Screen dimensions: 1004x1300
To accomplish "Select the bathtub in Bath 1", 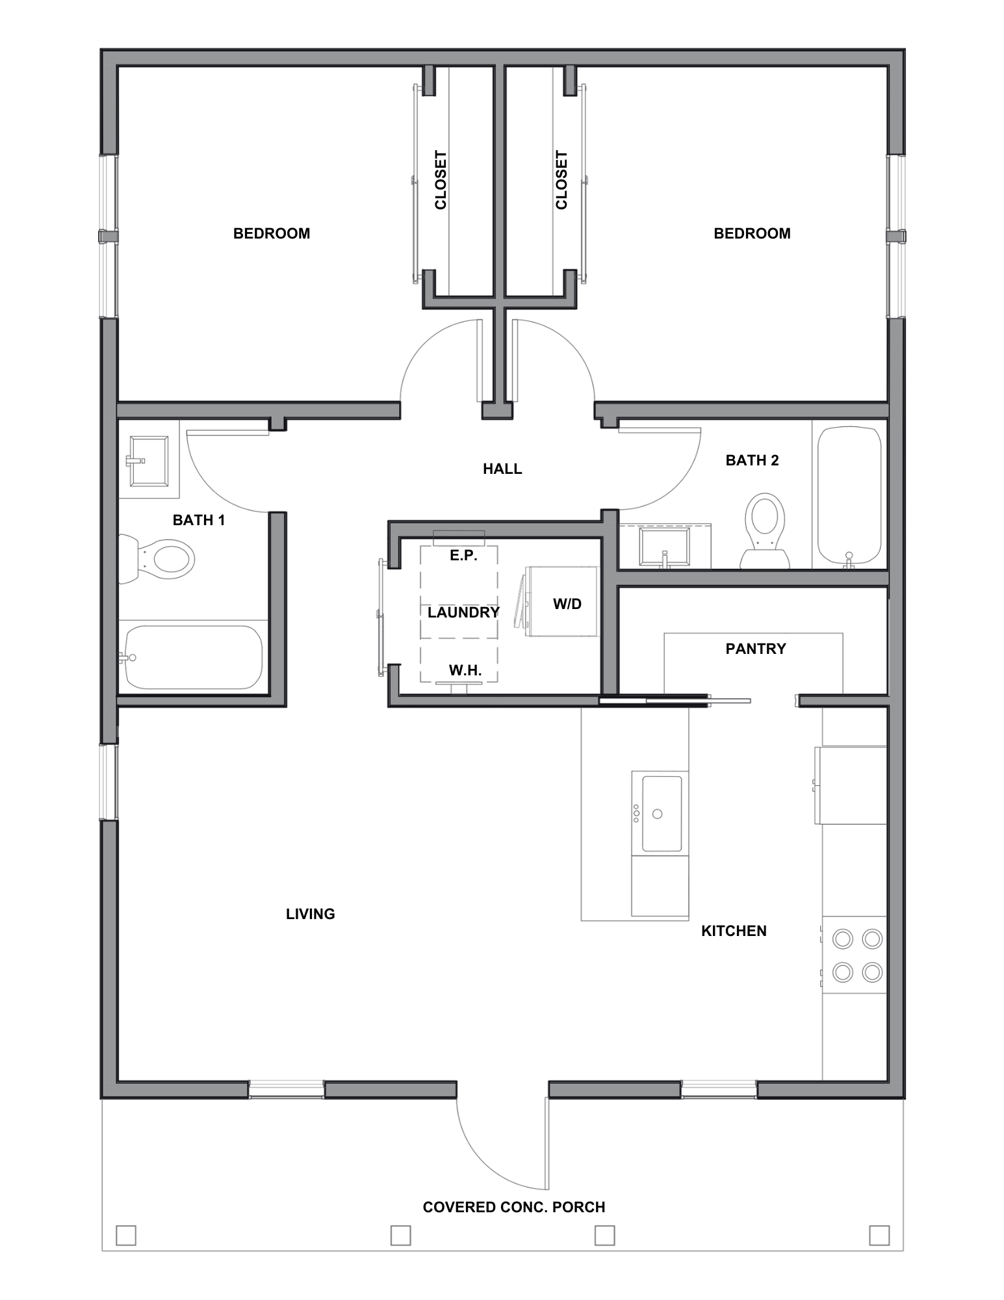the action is (x=193, y=656).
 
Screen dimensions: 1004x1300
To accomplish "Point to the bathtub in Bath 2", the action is (x=849, y=497).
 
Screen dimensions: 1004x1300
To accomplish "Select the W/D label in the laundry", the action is (x=567, y=604).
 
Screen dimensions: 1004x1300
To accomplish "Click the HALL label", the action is (x=502, y=469).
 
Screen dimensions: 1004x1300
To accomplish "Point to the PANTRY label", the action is (x=756, y=649).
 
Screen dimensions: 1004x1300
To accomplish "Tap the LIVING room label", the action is (x=311, y=914).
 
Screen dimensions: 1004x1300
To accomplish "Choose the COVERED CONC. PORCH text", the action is (x=514, y=1207).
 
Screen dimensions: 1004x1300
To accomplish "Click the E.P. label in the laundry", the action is (x=463, y=556).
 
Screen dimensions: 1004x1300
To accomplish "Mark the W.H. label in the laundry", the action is (x=465, y=671).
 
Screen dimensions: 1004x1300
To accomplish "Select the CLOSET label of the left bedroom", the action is (x=441, y=180).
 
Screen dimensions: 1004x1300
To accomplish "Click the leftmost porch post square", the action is (x=126, y=1235).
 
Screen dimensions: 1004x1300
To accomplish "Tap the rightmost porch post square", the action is (x=880, y=1235).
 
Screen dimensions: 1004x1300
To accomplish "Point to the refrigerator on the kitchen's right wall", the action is (x=851, y=785).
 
